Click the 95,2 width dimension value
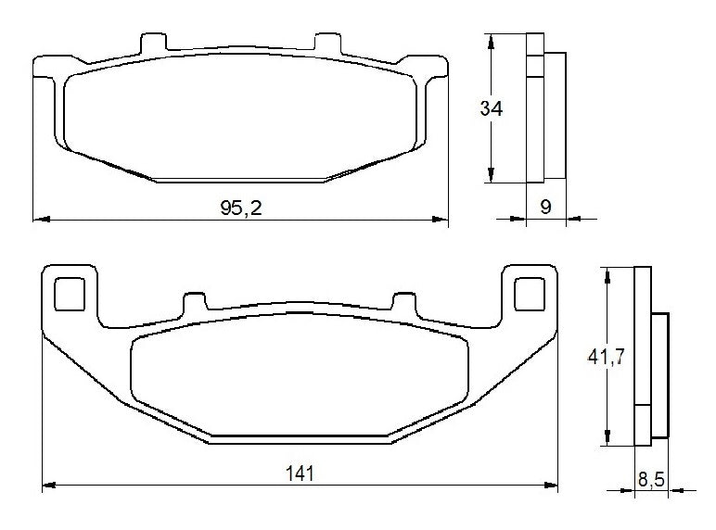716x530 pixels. pos(241,208)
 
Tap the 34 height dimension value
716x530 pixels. pos(492,108)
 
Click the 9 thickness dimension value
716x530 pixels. pos(546,208)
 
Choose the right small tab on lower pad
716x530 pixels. pos(403,303)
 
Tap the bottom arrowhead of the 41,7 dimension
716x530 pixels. pos(607,441)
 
